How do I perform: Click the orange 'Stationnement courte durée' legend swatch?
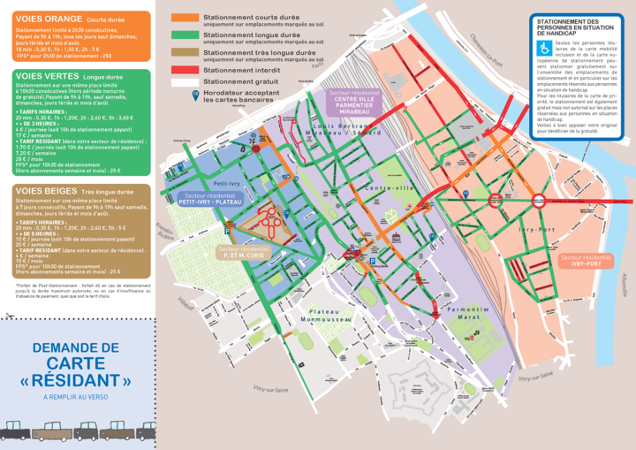(185, 18)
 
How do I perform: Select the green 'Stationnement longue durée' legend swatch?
(185, 35)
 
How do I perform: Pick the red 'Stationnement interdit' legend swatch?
(185, 70)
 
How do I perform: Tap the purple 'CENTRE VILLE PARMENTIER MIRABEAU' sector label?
(353, 102)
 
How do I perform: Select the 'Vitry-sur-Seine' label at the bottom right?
(535, 378)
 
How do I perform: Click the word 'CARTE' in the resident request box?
(76, 363)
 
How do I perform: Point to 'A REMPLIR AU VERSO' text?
(76, 397)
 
